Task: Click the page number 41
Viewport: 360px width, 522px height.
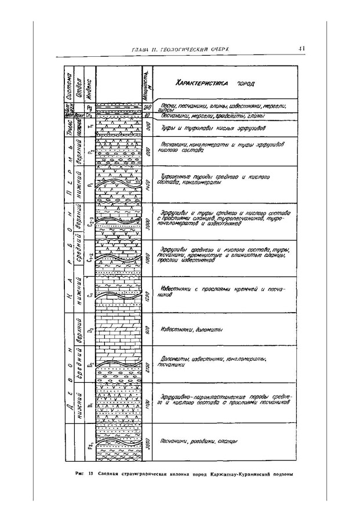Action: click(302, 49)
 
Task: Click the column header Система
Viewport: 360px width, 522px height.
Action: click(68, 85)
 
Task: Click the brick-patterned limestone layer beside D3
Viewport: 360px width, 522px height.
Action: click(119, 331)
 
